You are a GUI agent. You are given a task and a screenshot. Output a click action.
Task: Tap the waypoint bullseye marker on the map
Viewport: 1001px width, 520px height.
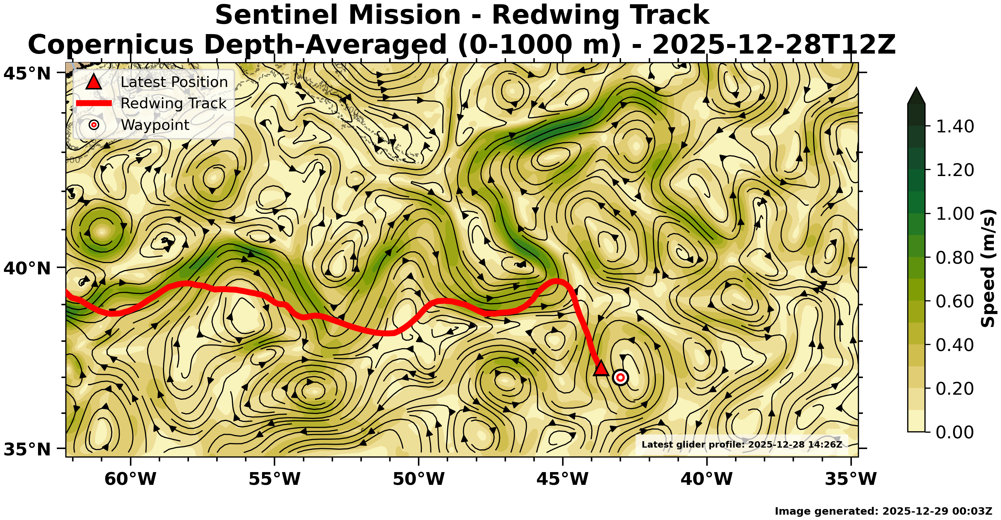coord(621,377)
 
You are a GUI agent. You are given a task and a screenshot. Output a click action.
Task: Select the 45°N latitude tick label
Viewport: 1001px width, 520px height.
coord(27,73)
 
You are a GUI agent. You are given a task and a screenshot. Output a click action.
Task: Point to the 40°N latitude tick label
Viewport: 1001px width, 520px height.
coord(27,268)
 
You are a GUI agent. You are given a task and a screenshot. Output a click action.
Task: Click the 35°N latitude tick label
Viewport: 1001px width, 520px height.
coord(27,449)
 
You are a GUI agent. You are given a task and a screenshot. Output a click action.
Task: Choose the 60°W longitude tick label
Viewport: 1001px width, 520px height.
coord(131,479)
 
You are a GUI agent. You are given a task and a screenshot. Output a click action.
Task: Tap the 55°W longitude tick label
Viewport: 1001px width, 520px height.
coord(274,479)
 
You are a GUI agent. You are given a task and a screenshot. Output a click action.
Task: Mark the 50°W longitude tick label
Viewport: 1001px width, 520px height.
coord(419,479)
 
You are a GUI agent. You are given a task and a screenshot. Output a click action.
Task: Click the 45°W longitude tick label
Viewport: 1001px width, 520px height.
coord(563,479)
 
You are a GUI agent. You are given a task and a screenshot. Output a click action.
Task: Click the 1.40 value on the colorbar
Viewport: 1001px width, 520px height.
coord(955,126)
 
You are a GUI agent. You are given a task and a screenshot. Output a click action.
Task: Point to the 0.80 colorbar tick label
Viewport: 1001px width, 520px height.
coord(955,257)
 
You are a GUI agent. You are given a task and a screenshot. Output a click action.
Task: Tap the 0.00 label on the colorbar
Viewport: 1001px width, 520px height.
coord(955,432)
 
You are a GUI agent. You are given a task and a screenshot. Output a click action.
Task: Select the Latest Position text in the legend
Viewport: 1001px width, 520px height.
coord(174,82)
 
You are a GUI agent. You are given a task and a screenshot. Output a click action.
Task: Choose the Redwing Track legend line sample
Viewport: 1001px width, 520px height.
coord(94,103)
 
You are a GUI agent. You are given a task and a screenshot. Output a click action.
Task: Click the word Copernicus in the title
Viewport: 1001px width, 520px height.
coord(110,45)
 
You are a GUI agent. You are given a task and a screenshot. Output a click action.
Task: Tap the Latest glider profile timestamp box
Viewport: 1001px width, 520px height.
coord(741,444)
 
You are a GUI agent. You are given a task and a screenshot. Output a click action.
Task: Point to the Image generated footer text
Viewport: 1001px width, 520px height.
coord(883,511)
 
